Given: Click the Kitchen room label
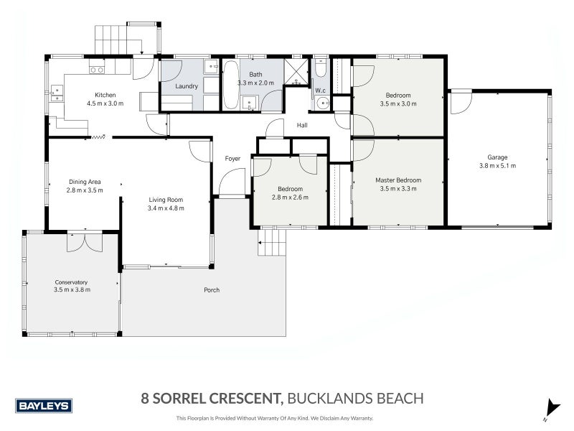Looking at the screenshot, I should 105,95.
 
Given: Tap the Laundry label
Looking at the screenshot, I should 187,87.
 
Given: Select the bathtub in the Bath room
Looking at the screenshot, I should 231,85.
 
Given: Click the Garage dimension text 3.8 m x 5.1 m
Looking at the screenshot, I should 497,166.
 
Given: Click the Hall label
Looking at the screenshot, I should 302,126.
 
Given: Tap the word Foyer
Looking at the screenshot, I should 232,159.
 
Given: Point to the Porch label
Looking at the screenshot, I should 211,290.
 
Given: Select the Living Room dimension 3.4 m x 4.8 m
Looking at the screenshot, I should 166,208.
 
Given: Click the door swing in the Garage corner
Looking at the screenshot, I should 460,102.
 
